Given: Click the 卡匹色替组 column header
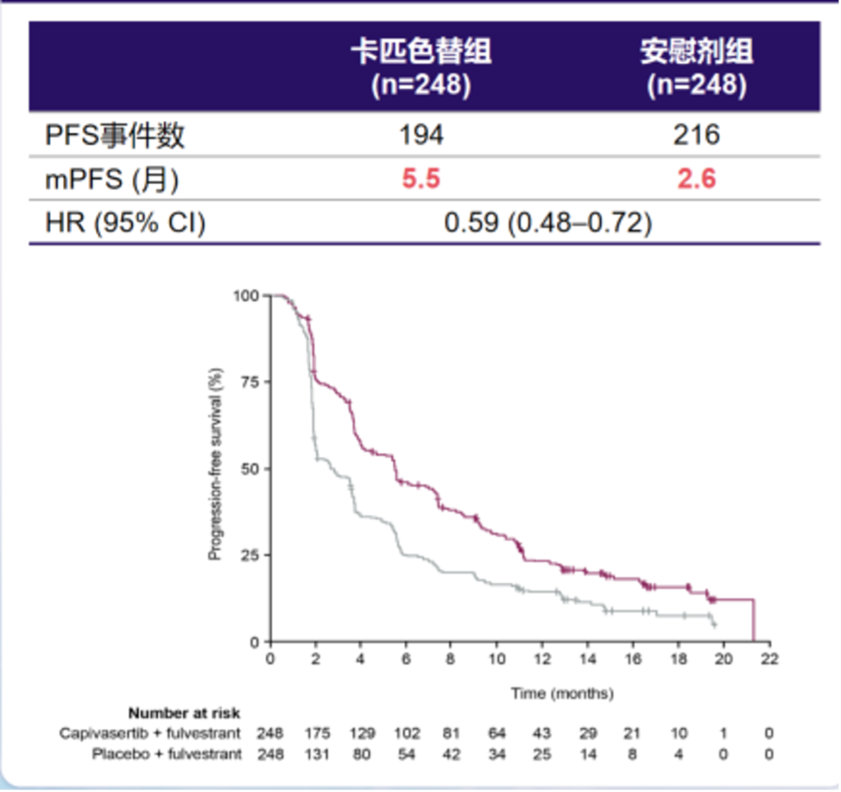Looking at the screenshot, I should (420, 52).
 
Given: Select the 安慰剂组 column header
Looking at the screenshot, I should (696, 52).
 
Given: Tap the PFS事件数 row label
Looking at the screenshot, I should (115, 135).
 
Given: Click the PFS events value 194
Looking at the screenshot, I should (420, 135).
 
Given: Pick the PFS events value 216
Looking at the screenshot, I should (696, 135).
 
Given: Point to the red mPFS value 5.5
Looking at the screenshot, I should (420, 179).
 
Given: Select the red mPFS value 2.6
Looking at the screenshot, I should (696, 179).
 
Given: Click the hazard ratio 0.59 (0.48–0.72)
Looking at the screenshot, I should (547, 223).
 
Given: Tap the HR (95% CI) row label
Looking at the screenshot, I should (125, 223).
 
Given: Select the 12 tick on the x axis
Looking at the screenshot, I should (542, 659).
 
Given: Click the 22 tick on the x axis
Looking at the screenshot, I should (769, 659).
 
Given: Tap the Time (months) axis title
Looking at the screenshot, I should (562, 693).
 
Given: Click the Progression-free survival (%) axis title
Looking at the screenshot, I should (216, 468).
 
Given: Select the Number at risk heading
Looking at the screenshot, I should (185, 712).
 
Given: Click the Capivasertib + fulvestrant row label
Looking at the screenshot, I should (151, 734).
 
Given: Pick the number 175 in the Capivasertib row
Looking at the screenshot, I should (317, 734).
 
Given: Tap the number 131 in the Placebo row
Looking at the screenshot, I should (317, 755).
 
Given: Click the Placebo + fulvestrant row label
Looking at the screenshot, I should (167, 755).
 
